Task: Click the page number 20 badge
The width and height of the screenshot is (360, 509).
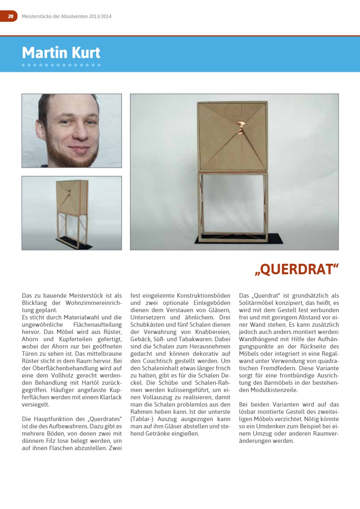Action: [x=10, y=16]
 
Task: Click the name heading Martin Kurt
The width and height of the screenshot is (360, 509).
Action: [x=61, y=53]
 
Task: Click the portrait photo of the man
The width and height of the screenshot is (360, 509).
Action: [x=71, y=131]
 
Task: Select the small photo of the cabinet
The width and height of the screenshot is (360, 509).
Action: [x=71, y=213]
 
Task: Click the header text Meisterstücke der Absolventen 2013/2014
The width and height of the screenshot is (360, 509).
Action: [x=67, y=17]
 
